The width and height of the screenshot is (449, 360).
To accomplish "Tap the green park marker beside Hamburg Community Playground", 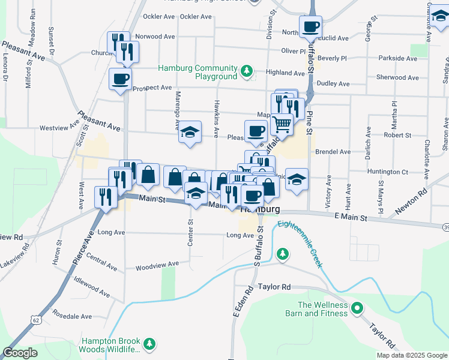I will click(x=246, y=72).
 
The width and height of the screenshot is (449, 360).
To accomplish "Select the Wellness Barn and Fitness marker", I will click(x=357, y=309).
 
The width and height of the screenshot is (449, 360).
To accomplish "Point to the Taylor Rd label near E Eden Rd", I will click(x=274, y=287).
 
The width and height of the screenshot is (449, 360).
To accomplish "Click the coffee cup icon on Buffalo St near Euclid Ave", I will click(x=310, y=27).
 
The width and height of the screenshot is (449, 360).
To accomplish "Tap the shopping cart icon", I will click(x=281, y=124).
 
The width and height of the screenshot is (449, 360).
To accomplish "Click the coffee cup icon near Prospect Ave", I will click(x=120, y=79).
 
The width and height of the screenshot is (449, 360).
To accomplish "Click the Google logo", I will click(x=20, y=352).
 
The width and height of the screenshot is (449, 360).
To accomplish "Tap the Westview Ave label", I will click(x=59, y=127).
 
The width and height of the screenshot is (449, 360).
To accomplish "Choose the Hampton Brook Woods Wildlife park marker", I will click(x=149, y=344).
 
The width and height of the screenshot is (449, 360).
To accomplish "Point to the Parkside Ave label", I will click(x=398, y=58).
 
